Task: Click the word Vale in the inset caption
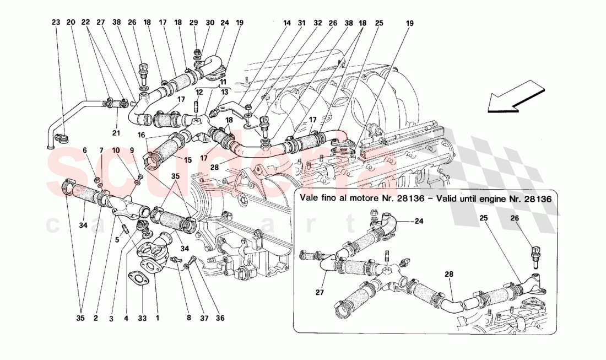pyautogui.click(x=311, y=197)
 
